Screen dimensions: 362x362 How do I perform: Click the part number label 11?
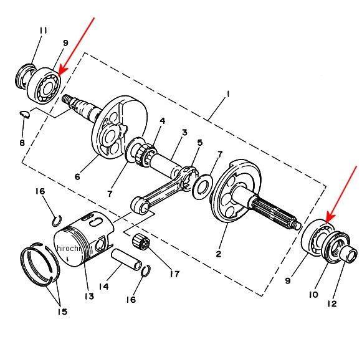(44, 31)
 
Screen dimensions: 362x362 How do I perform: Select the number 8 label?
(22, 143)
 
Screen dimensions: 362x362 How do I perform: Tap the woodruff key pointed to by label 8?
(24, 114)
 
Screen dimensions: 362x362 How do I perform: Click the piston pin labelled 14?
(126, 260)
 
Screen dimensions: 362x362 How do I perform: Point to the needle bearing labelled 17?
(141, 241)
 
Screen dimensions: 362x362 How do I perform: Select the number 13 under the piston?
(89, 296)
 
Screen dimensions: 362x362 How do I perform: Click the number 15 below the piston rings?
(62, 312)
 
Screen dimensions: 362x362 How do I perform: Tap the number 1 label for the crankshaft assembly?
(228, 94)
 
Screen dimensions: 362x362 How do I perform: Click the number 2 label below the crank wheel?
(219, 254)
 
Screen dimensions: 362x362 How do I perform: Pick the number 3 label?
(184, 133)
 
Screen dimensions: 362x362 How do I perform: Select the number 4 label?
(163, 120)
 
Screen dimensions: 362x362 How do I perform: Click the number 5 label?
(200, 143)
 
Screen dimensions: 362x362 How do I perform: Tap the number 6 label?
(77, 176)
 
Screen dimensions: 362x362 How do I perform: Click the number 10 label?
(313, 295)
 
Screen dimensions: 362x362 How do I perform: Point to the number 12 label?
(332, 304)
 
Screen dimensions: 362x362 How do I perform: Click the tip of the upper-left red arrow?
(59, 75)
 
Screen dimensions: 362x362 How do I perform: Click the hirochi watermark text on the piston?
(69, 249)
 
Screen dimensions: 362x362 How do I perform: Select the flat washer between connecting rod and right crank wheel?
(201, 186)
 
